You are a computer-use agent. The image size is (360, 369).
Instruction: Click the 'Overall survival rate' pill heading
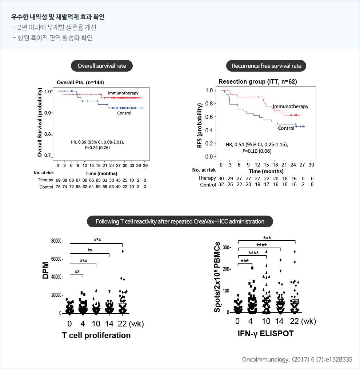[x=101, y=66]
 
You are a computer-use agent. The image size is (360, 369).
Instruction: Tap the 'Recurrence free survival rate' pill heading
[x=267, y=66]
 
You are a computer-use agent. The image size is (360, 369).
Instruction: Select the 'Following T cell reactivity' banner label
[x=180, y=221]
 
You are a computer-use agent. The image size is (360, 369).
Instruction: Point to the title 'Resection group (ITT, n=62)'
[x=258, y=82]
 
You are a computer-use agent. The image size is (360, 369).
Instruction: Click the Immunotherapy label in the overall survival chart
[x=123, y=93]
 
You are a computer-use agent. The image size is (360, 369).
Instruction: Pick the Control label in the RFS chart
[x=286, y=128]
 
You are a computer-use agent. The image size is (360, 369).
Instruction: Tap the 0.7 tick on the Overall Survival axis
[x=48, y=156]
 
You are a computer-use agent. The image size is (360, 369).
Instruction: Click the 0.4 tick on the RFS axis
[x=209, y=130]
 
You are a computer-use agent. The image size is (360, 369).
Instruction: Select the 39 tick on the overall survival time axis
[x=145, y=165]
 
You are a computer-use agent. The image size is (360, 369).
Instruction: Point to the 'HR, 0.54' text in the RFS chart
[x=257, y=144]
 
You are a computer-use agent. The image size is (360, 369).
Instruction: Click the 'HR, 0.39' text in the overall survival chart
[x=97, y=142]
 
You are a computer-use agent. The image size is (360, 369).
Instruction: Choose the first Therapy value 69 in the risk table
[x=58, y=180]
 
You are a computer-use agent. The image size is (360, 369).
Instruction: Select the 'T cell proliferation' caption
[x=96, y=335]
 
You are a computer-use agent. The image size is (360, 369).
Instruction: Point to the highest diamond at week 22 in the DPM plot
[x=123, y=251]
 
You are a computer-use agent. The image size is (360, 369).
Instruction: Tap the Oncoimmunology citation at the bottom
[x=297, y=360]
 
